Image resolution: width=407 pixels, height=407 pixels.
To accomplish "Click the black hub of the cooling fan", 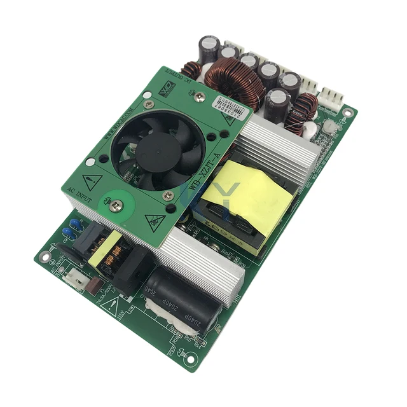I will [x=158, y=151].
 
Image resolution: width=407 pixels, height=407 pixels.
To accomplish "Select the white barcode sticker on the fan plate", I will [x=231, y=102].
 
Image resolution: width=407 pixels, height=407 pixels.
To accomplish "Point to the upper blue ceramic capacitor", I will [x=76, y=223].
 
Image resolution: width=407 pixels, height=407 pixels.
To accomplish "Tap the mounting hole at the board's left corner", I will [x=45, y=256].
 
